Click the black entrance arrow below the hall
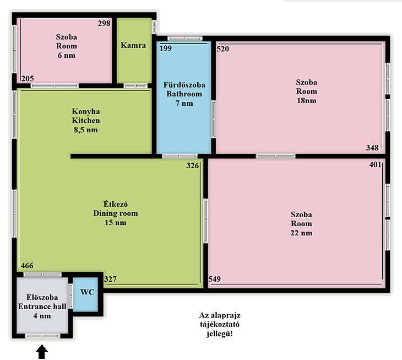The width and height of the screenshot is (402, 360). [x=42, y=352]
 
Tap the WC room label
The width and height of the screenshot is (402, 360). [x=87, y=292]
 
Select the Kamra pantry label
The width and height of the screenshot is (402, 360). [x=133, y=45]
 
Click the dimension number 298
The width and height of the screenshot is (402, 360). [x=104, y=23]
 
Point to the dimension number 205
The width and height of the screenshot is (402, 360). [x=28, y=78]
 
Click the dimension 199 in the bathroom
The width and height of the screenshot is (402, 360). [x=166, y=49]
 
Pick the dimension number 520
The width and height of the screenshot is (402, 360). [x=222, y=49]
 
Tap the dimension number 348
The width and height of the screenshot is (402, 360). [x=372, y=148]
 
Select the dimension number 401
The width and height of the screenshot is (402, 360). [x=376, y=164]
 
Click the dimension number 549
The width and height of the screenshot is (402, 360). [x=215, y=279]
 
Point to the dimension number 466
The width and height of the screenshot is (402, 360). [x=27, y=265]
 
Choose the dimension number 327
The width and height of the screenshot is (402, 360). [x=110, y=279]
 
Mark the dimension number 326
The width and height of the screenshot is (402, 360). [x=193, y=165]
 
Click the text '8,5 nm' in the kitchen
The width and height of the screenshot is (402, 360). [x=86, y=130]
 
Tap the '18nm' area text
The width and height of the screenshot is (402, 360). [x=307, y=100]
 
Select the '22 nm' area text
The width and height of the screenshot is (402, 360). [x=302, y=233]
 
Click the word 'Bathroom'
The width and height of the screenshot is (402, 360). [x=184, y=94]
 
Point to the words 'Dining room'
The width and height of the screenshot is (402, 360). [x=116, y=213]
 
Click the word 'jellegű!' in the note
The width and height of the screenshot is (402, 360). [x=220, y=334]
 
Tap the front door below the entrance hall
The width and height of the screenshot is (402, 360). [x=42, y=336]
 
